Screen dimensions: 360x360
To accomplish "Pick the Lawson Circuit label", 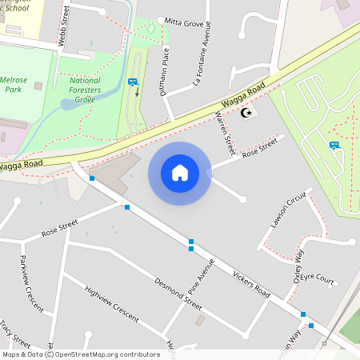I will (x=289, y=210).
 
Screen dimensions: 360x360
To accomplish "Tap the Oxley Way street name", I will (x=298, y=266).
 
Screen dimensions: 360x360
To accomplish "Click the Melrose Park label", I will (x=14, y=86).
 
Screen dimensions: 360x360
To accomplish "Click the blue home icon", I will (x=179, y=173).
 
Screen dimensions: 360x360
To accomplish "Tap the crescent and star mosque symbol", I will (x=245, y=113).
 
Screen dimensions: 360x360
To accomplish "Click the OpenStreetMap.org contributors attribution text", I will (x=109, y=354).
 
